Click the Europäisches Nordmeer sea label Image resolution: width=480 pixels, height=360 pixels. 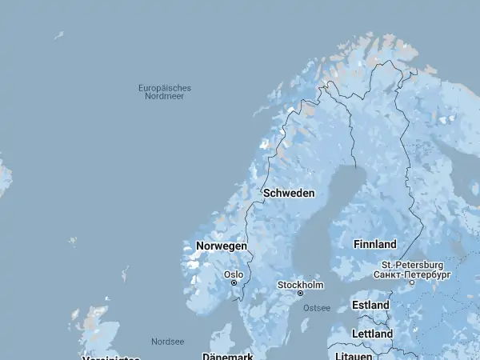(x=165, y=92)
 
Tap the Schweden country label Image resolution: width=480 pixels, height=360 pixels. (x=289, y=194)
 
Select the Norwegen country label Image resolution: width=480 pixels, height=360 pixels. (x=222, y=246)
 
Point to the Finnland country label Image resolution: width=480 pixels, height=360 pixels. (x=374, y=244)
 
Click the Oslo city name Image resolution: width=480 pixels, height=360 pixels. (x=234, y=274)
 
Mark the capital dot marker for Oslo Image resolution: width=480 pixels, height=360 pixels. (x=234, y=282)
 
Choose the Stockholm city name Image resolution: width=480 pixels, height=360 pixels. (x=300, y=285)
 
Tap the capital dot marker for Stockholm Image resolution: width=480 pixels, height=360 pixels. (x=301, y=294)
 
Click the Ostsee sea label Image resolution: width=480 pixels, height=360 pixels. (x=317, y=308)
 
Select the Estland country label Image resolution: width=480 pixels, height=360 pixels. (x=370, y=305)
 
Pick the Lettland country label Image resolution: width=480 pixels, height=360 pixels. (x=372, y=333)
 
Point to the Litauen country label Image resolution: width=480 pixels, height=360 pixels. (x=354, y=355)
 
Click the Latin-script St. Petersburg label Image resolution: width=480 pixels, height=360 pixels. (x=412, y=265)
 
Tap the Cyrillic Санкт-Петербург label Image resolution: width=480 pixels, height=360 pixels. (x=412, y=274)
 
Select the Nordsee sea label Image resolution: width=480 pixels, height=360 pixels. (x=167, y=342)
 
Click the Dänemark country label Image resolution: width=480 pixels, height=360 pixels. (x=228, y=356)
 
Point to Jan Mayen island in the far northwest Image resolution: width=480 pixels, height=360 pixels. (x=58, y=34)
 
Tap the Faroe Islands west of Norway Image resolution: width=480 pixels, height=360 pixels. (x=73, y=240)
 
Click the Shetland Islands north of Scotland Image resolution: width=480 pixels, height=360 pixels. (x=125, y=274)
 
